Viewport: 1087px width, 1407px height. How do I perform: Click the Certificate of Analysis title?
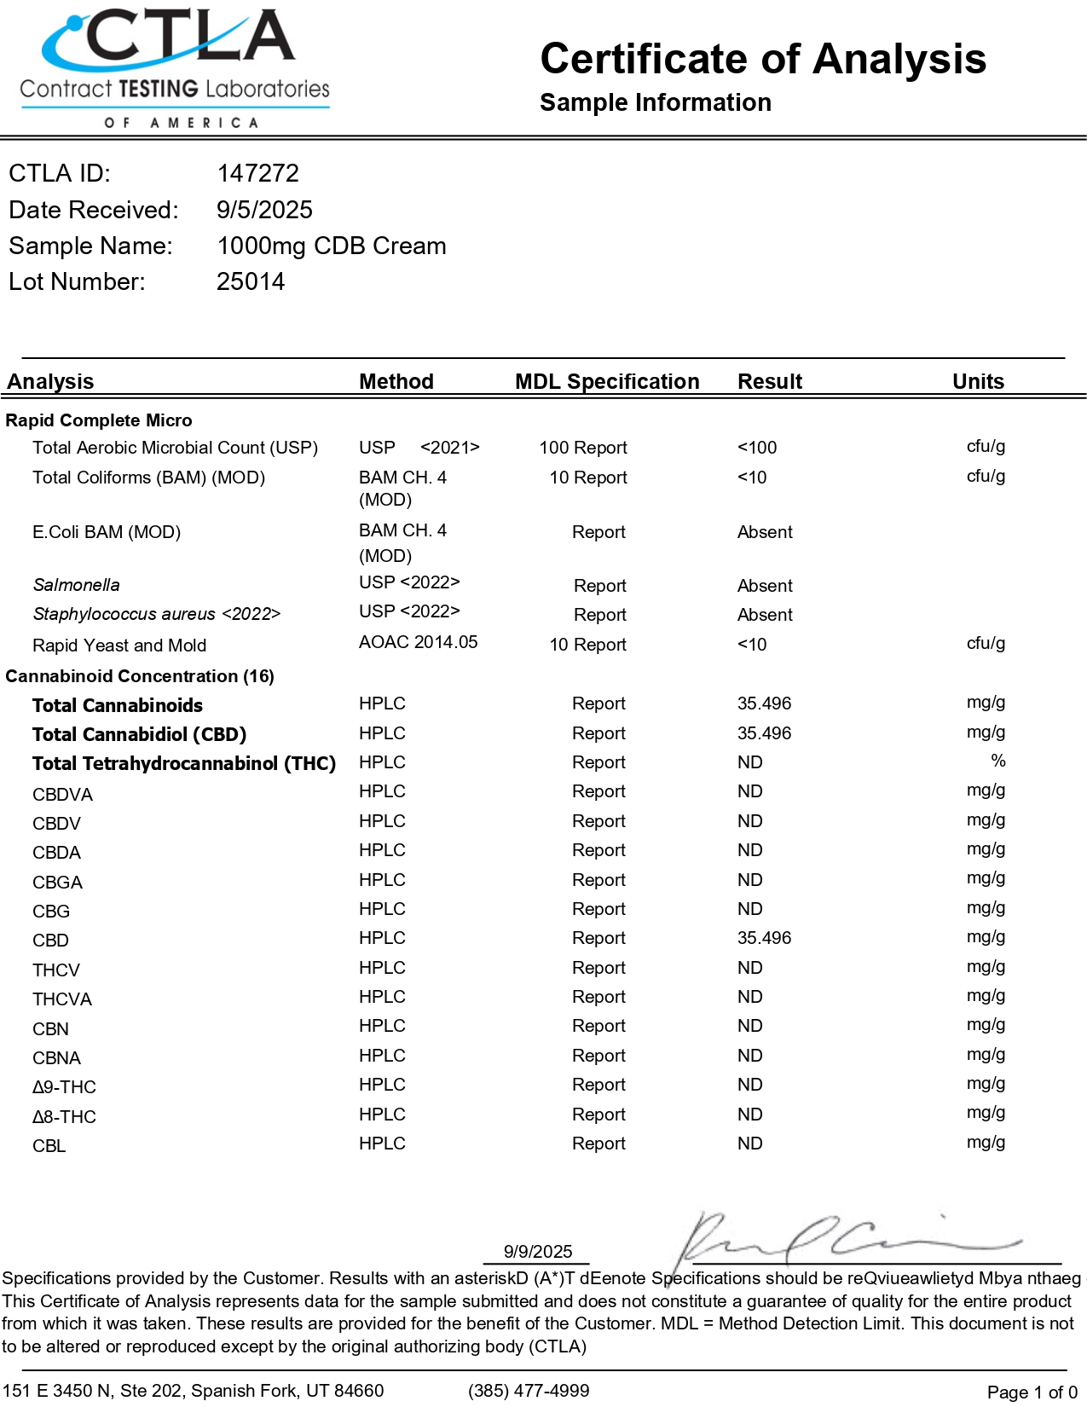click(x=763, y=60)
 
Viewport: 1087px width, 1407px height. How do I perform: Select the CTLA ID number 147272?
click(x=257, y=173)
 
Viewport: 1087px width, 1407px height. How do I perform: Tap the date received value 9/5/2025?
click(x=264, y=210)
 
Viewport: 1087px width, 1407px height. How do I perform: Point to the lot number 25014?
click(x=251, y=281)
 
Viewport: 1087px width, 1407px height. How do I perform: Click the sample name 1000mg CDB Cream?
click(x=331, y=246)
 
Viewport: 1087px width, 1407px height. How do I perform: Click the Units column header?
click(x=978, y=381)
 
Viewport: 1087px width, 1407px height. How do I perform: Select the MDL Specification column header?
click(x=606, y=381)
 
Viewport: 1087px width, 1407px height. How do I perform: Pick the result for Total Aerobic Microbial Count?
click(x=757, y=448)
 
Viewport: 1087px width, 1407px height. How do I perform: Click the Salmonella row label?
click(x=76, y=585)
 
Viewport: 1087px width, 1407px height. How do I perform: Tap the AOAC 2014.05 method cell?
click(x=418, y=642)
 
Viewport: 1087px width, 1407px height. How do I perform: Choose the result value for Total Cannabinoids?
click(x=764, y=703)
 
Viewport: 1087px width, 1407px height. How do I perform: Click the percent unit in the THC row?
click(x=997, y=761)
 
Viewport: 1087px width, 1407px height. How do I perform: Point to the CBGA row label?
click(x=57, y=883)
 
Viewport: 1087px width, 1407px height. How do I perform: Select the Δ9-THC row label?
click(x=64, y=1087)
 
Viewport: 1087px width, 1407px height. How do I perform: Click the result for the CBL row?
click(x=749, y=1144)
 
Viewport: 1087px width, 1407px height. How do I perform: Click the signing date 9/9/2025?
click(x=538, y=1252)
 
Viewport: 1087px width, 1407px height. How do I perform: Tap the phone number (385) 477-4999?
click(x=529, y=1391)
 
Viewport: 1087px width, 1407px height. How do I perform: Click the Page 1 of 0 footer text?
click(x=1032, y=1393)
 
